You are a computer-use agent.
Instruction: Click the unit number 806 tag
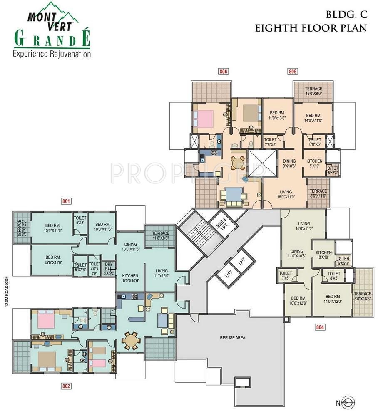pos(223,71)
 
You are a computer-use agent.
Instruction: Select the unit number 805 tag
pos(293,71)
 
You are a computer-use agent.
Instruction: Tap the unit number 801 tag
pos(66,201)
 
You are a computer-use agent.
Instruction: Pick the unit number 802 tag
pos(66,386)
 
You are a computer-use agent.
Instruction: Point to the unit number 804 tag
pos(320,327)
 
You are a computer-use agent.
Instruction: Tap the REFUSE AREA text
pos(233,338)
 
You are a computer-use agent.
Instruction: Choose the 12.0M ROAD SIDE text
pos(7,291)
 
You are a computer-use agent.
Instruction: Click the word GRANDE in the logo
pos(52,39)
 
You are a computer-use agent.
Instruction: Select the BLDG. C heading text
pos(346,15)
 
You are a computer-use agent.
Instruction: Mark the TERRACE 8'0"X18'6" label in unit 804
pos(363,296)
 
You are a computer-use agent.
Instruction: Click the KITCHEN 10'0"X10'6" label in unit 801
pos(130,278)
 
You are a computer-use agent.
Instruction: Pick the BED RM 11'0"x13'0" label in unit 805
pos(277,116)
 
